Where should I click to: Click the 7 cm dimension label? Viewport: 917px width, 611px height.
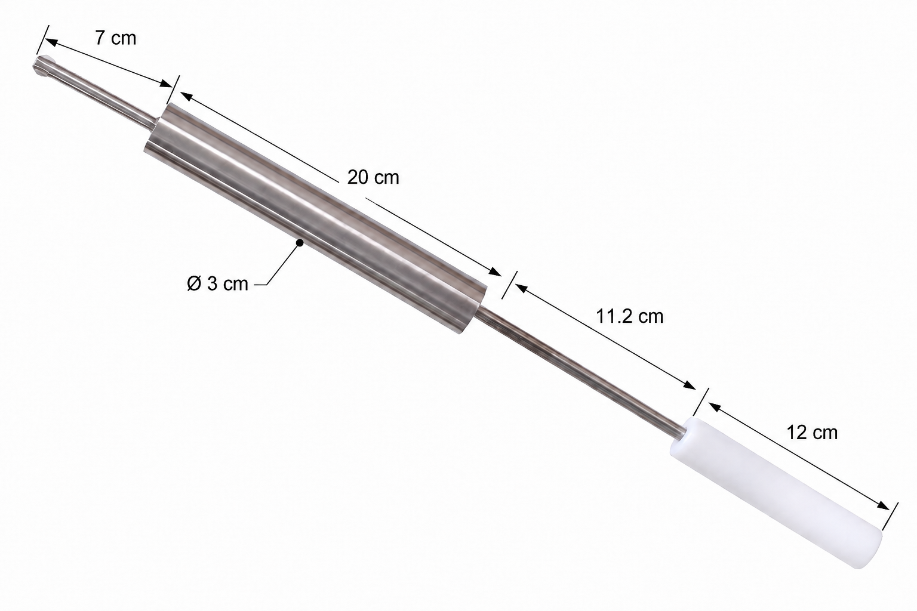(115, 38)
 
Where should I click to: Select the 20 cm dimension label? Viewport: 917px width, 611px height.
(373, 178)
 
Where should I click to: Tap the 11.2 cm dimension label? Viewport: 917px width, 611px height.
(629, 316)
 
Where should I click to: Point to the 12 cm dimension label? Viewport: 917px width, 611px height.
(812, 433)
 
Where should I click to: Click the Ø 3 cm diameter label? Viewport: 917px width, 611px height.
(217, 283)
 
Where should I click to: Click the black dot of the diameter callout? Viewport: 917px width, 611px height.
(300, 243)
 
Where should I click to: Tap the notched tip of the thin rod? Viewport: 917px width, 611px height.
(42, 65)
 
